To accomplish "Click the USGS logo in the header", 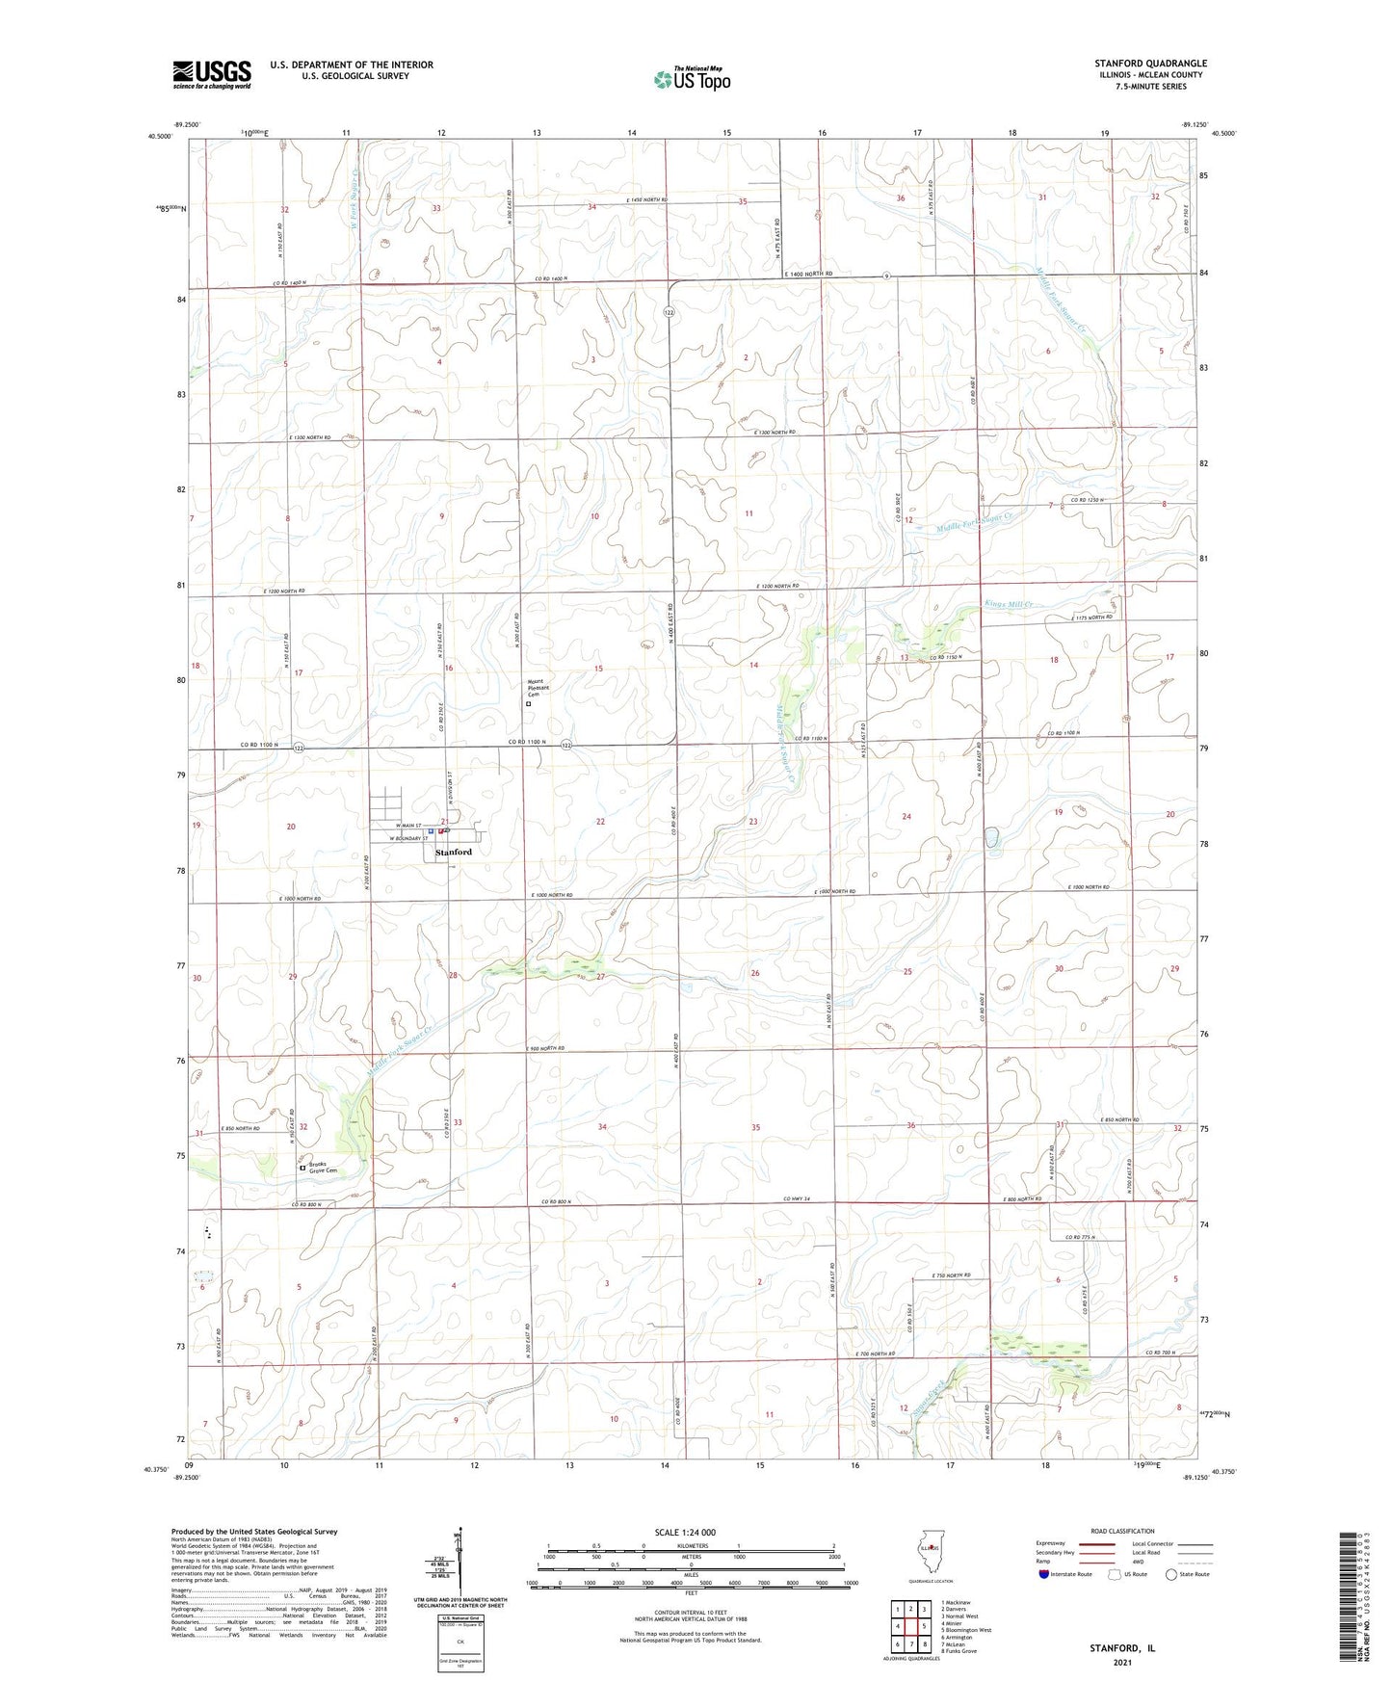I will point(211,74).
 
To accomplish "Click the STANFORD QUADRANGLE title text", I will point(1149,64).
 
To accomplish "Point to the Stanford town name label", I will point(454,853).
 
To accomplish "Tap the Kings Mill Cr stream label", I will point(1008,605).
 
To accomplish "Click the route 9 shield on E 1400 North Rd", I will point(885,276).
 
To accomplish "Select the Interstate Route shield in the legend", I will point(1045,1574).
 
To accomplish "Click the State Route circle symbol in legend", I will point(1171,1574).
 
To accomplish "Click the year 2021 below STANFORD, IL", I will point(1121,1662).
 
